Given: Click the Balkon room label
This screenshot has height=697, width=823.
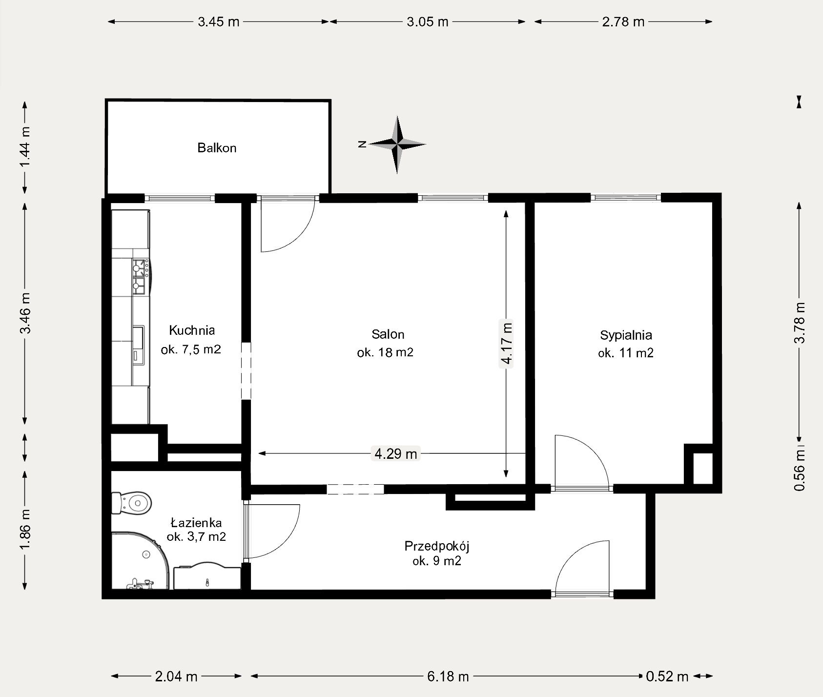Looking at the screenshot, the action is pyautogui.click(x=217, y=147).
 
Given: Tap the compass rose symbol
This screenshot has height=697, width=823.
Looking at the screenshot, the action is pyautogui.click(x=398, y=144).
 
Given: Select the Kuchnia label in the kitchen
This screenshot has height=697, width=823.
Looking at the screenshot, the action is pyautogui.click(x=192, y=330).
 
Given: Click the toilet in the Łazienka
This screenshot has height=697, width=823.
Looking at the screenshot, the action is pyautogui.click(x=132, y=503).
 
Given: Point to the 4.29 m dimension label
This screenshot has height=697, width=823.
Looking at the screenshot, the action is pyautogui.click(x=395, y=454).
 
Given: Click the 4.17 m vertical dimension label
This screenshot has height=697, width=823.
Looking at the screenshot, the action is pyautogui.click(x=506, y=342).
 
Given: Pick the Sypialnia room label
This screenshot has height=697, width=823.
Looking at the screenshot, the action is pyautogui.click(x=626, y=335).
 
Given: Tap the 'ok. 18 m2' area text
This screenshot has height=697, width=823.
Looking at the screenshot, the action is pyautogui.click(x=385, y=352).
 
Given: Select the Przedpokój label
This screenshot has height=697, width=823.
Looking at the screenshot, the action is pyautogui.click(x=437, y=546).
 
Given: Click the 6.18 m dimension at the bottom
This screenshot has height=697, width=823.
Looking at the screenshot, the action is pyautogui.click(x=447, y=676).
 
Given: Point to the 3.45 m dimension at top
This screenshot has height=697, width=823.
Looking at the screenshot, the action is pyautogui.click(x=219, y=22).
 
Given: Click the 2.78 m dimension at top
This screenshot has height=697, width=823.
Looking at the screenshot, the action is pyautogui.click(x=623, y=22).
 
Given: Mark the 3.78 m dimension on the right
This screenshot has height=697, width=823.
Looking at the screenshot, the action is pyautogui.click(x=799, y=323).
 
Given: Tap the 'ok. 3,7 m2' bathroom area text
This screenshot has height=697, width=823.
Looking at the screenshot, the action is pyautogui.click(x=196, y=537).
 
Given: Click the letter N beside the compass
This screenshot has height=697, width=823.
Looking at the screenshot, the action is pyautogui.click(x=362, y=144).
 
